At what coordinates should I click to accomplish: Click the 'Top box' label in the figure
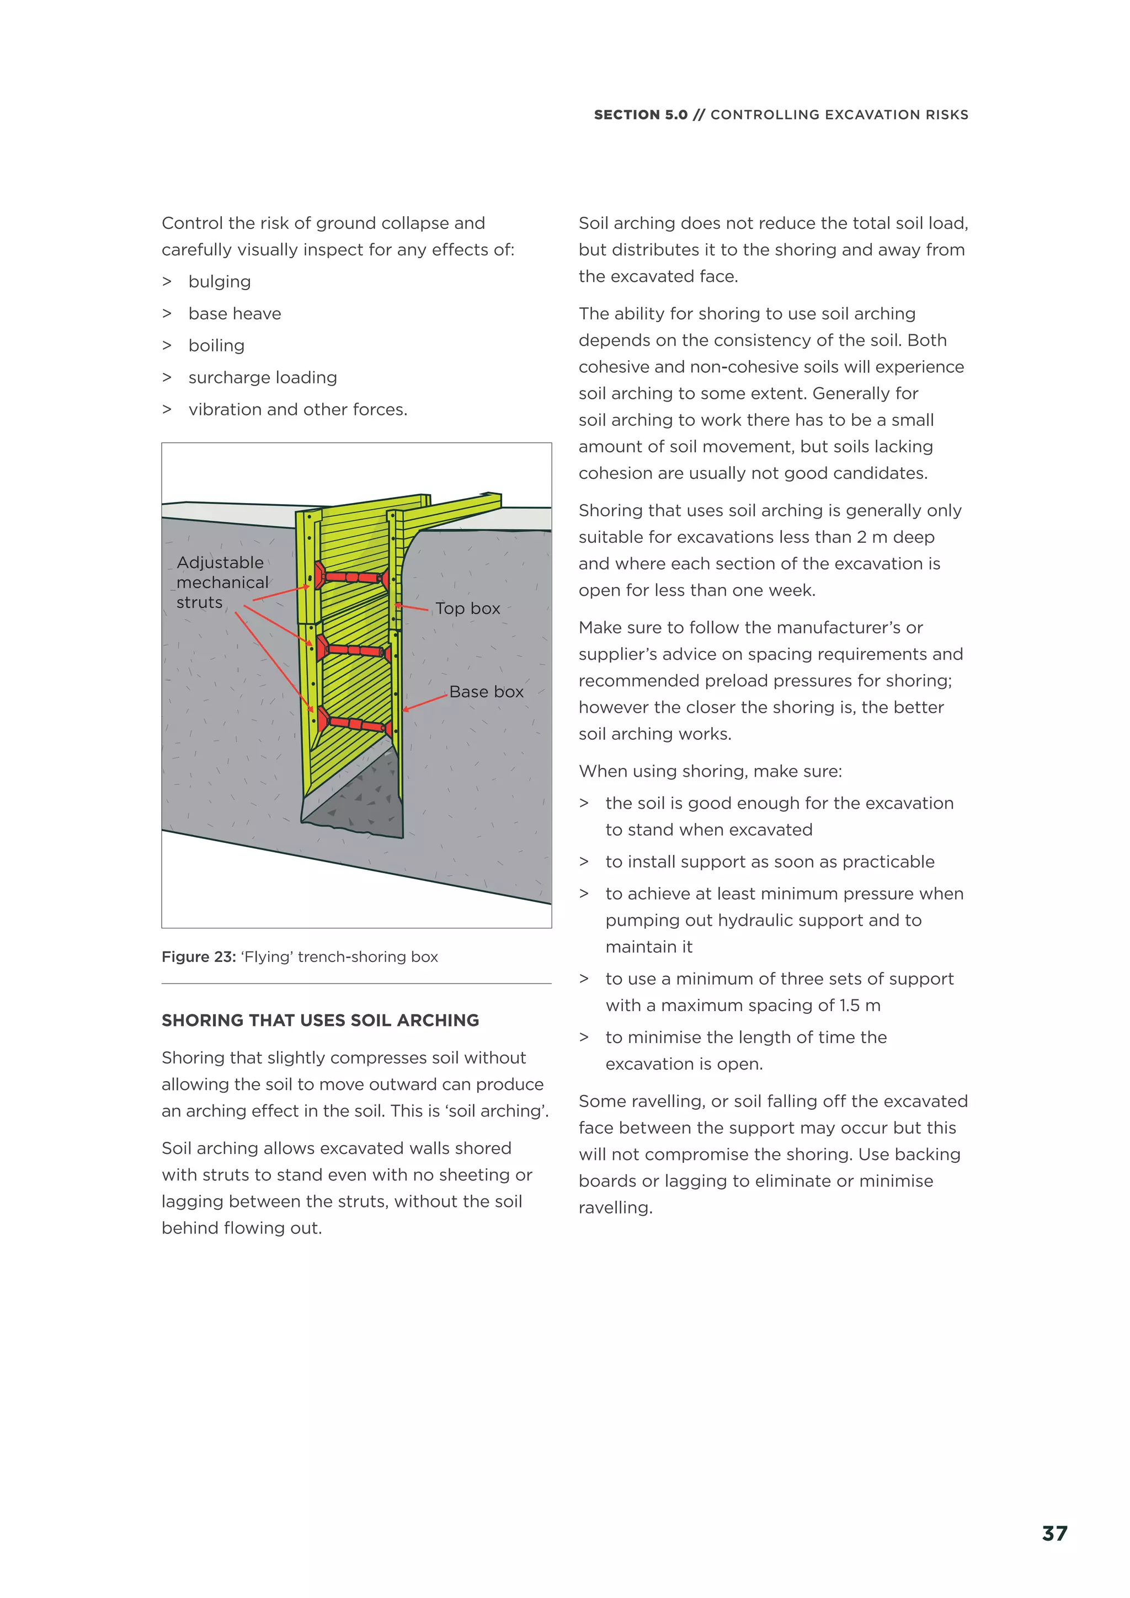467,608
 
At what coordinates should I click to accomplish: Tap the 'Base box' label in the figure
486,692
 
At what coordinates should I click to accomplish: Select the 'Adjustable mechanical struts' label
221,582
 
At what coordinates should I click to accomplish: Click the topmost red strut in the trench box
351,577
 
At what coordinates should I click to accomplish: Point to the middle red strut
355,651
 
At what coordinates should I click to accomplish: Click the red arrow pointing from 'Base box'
425,702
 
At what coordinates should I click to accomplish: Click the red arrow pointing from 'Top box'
412,608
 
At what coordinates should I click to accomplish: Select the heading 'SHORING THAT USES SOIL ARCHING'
320,1020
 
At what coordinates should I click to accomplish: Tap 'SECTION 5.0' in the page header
640,115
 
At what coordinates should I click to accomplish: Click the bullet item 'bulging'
219,282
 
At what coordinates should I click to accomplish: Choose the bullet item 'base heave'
234,314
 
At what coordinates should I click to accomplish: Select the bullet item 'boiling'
216,346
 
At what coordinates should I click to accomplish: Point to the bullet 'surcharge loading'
263,378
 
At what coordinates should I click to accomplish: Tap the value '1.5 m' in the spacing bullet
859,1006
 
